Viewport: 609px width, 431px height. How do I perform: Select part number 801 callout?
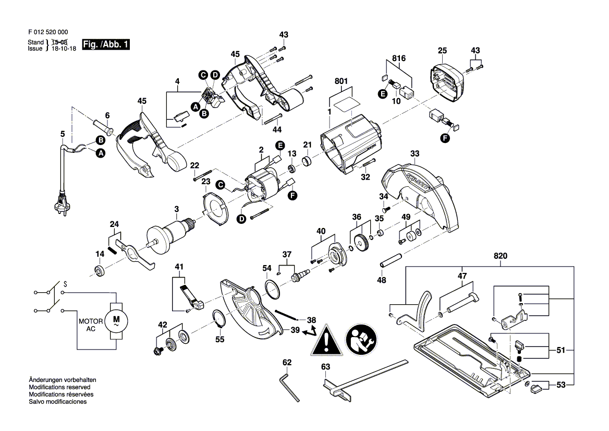[341, 82]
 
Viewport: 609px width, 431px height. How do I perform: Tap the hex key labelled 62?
[290, 387]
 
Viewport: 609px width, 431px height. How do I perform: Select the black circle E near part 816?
[383, 94]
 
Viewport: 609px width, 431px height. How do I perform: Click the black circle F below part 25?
[445, 138]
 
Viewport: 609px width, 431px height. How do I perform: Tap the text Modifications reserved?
[59, 388]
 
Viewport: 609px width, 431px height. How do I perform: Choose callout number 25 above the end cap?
[443, 50]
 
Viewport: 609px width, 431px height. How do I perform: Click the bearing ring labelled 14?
[98, 270]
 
